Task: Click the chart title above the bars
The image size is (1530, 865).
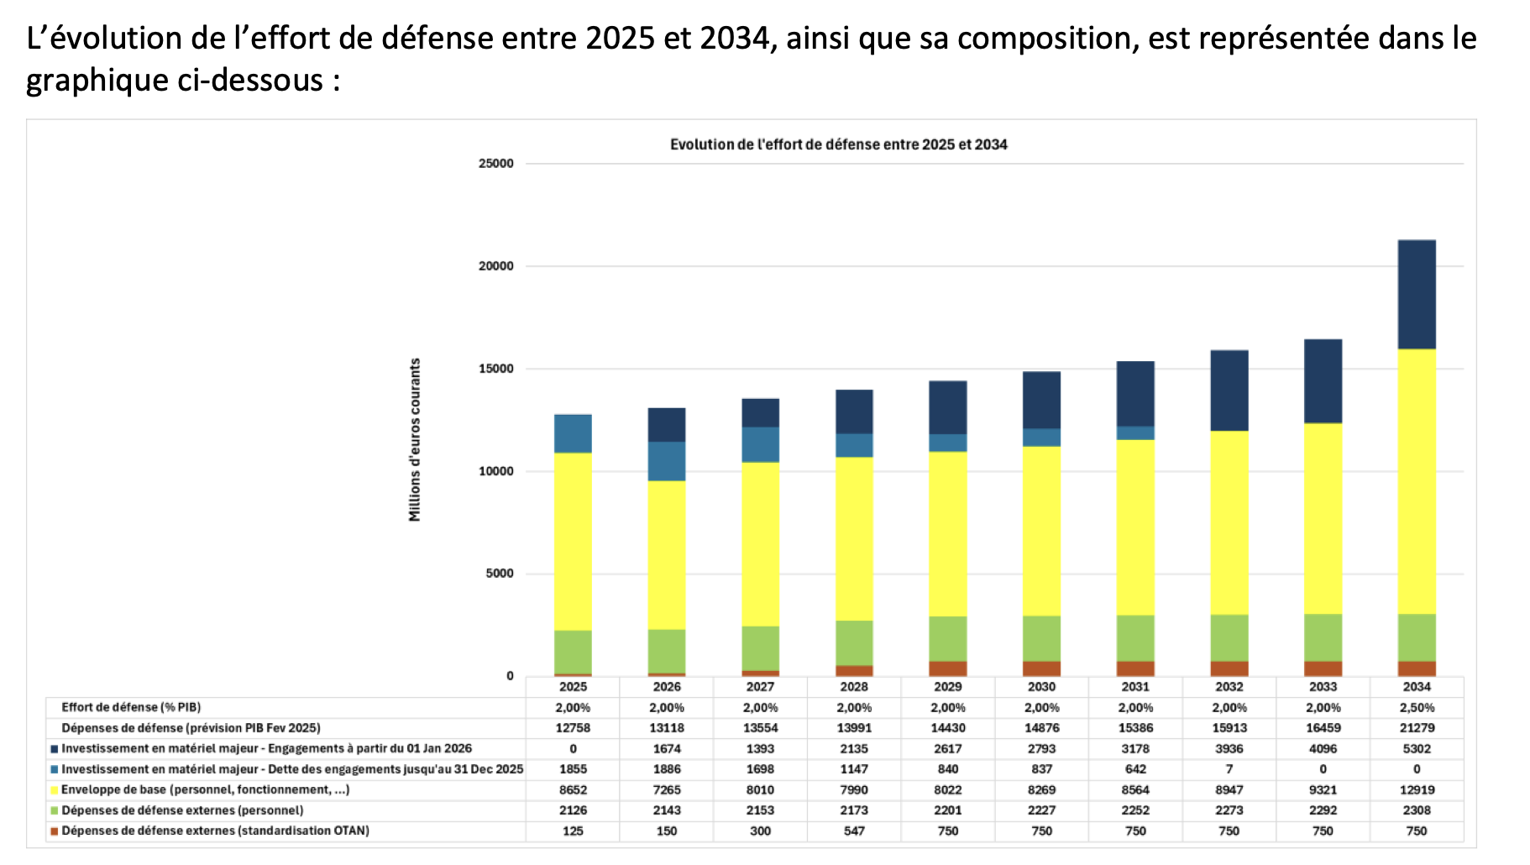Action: (838, 144)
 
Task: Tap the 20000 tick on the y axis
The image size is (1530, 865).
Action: (495, 266)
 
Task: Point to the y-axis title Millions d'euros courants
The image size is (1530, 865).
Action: (415, 439)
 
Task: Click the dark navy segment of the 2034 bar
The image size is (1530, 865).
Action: (1416, 295)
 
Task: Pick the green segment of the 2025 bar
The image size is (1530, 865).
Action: (573, 652)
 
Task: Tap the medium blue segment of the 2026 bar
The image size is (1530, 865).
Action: (667, 461)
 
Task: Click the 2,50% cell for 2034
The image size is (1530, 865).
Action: (1416, 707)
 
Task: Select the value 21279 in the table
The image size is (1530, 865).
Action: (1416, 728)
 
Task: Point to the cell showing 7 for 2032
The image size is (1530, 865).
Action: (1229, 769)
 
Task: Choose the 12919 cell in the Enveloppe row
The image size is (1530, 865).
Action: (1416, 789)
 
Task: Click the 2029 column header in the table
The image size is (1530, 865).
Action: (947, 687)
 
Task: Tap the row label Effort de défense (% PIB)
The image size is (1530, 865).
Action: (131, 707)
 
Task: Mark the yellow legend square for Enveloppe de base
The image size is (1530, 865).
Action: (55, 790)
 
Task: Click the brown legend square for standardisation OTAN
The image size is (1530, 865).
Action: (55, 831)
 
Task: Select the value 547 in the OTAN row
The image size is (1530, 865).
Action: (854, 831)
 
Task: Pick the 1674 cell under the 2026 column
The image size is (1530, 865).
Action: (667, 748)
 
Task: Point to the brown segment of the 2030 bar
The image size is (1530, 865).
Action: (1041, 668)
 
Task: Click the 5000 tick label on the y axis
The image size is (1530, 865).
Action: (499, 574)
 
